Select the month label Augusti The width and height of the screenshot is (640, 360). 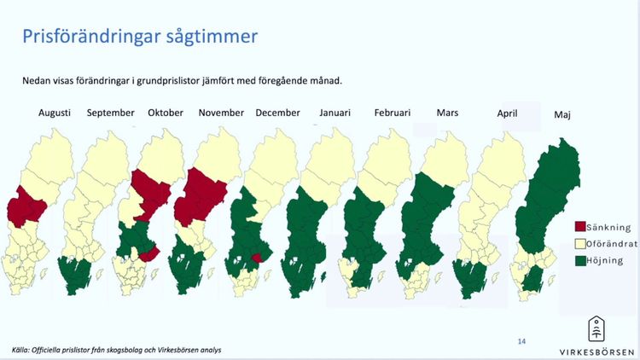coord(54,113)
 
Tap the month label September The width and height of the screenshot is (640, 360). coord(110,113)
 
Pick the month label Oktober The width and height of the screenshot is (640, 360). coord(166,113)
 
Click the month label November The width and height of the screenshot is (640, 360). coord(221,113)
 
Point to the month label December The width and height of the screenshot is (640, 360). coord(277,113)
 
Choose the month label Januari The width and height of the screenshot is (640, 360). coord(334,113)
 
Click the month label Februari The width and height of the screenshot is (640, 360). coord(392,113)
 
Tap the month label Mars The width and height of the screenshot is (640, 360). coord(447,113)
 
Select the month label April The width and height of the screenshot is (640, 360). coord(508,113)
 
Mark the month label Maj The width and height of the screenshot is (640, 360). coord(562,114)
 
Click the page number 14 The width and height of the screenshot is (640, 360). coord(521,342)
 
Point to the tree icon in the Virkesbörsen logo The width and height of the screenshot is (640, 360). coord(597,328)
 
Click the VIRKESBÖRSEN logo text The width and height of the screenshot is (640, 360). coord(597,351)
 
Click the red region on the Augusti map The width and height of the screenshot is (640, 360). coord(27,209)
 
